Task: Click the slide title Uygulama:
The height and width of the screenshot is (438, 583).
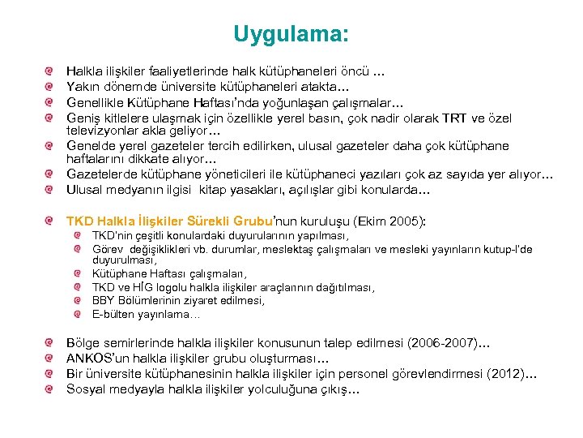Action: click(x=291, y=34)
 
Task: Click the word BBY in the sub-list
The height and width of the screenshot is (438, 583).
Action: click(x=104, y=300)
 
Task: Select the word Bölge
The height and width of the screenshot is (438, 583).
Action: click(x=83, y=344)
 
